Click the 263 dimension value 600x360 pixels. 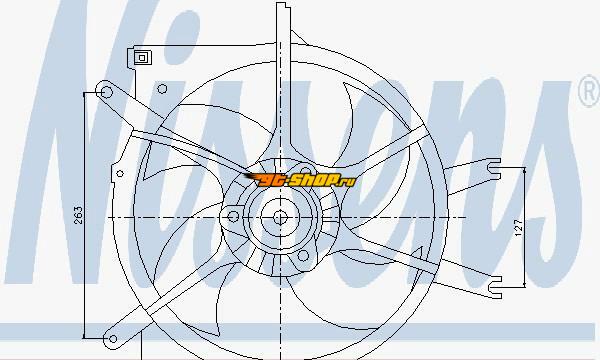(x=78, y=215)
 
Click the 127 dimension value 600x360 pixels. (x=519, y=227)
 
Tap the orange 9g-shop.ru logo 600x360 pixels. (x=300, y=180)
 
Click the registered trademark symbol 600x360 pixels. (x=590, y=91)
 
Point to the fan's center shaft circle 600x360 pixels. (x=280, y=218)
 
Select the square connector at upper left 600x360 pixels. (x=142, y=58)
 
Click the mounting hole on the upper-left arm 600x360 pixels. (x=107, y=92)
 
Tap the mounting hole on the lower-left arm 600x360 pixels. (x=113, y=339)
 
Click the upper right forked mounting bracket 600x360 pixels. (x=494, y=169)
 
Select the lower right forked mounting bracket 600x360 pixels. (x=495, y=287)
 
